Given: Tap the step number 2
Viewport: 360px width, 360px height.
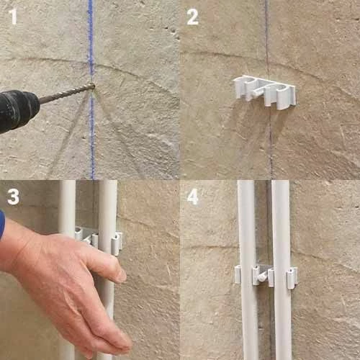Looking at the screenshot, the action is [x=193, y=17].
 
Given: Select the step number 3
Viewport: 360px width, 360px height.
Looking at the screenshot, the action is [x=13, y=197].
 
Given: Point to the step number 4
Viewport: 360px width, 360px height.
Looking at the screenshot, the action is [x=193, y=197].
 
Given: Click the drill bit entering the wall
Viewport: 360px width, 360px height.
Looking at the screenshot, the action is [x=67, y=93].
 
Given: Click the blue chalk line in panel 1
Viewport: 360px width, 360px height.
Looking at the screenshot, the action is [x=91, y=89].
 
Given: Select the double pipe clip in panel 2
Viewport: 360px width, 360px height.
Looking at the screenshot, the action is [x=264, y=92].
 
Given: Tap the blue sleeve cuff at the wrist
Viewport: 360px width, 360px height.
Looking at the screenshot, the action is [x=2, y=225].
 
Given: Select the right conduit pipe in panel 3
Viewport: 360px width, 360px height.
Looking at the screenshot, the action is [x=107, y=240].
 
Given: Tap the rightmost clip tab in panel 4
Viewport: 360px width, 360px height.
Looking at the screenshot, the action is [x=292, y=278].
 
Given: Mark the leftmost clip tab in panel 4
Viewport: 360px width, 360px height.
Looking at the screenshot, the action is [x=238, y=274].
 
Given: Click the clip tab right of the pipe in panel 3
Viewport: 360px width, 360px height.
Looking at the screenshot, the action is [x=117, y=243].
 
